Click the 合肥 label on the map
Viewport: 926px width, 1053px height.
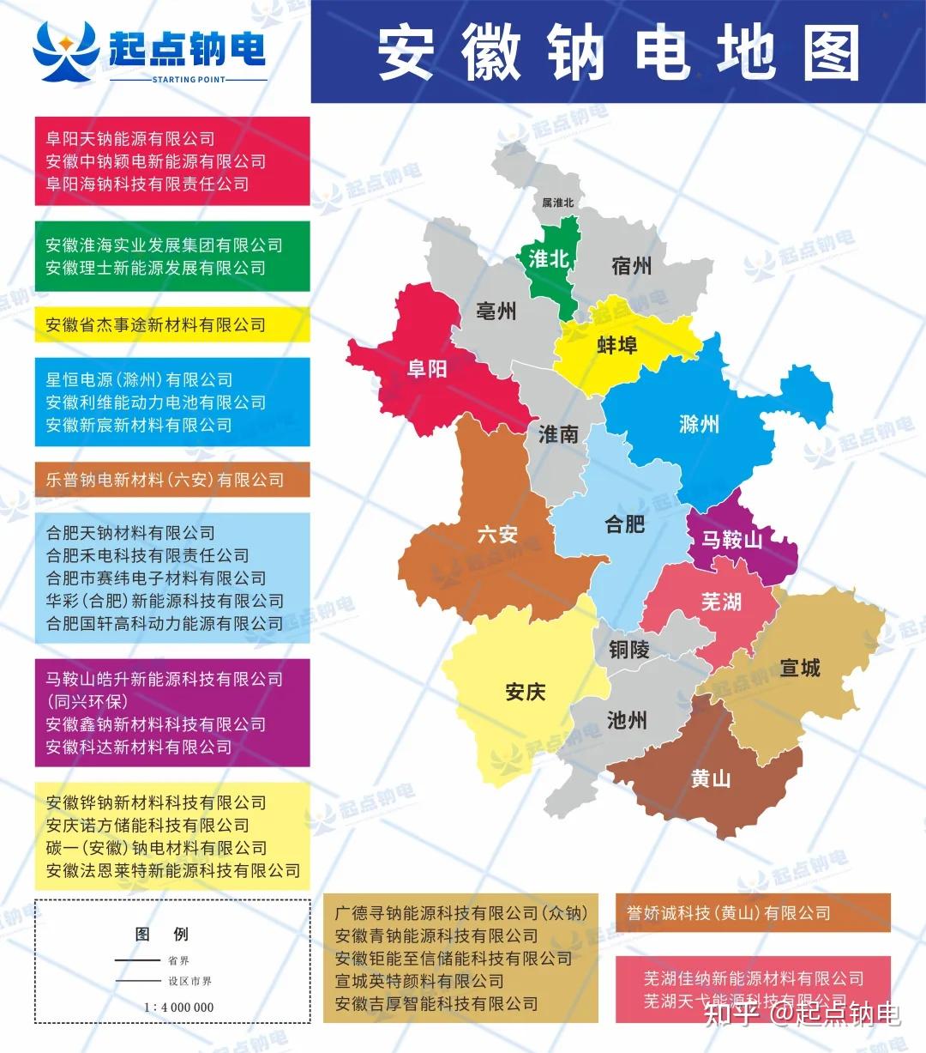point(624,523)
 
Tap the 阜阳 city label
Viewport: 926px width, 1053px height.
point(427,368)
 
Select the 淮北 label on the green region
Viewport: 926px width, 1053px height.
point(549,258)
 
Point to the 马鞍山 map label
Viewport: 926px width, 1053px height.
point(731,539)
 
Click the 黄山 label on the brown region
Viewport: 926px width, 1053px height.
point(711,778)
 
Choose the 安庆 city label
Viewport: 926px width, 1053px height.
point(526,692)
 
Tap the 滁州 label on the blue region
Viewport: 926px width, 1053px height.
point(699,424)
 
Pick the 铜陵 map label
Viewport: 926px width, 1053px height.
point(629,650)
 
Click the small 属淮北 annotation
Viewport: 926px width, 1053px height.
point(557,203)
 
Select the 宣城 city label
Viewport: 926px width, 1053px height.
point(800,667)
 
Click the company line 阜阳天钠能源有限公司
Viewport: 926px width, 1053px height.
point(130,139)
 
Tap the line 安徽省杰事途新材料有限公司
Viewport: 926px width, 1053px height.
point(155,324)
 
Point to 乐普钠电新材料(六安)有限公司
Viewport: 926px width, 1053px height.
point(165,480)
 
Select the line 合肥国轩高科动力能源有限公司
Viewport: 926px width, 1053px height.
point(165,623)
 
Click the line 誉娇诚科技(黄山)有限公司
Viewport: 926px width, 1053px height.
point(729,913)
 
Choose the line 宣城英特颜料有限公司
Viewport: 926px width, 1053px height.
point(419,981)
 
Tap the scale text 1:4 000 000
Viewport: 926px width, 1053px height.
point(178,1007)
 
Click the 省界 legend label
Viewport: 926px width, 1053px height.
point(178,960)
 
